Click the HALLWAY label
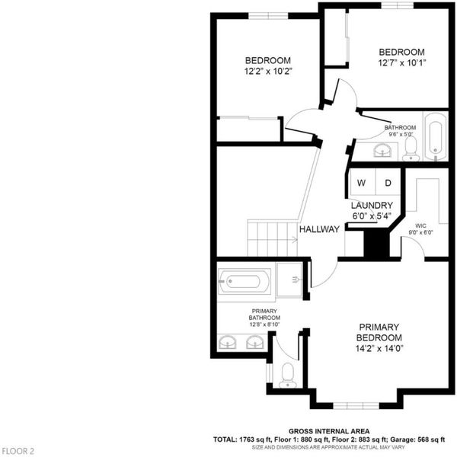pos(319,229)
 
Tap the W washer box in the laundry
pos(363,182)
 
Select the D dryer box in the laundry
pos(388,182)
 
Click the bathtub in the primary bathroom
pos(244,281)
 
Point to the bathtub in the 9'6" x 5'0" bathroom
pos(436,136)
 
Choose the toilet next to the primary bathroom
pos(288,376)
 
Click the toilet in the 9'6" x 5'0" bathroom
pos(411,149)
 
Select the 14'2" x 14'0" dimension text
pos(379,348)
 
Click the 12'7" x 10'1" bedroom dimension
pos(402,62)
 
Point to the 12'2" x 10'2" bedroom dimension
pos(268,71)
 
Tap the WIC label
pos(420,225)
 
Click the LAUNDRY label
pos(372,205)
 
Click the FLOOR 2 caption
pos(18,451)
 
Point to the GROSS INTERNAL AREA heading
pos(329,431)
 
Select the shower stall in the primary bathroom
pos(289,280)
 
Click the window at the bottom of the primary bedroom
pos(356,405)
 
